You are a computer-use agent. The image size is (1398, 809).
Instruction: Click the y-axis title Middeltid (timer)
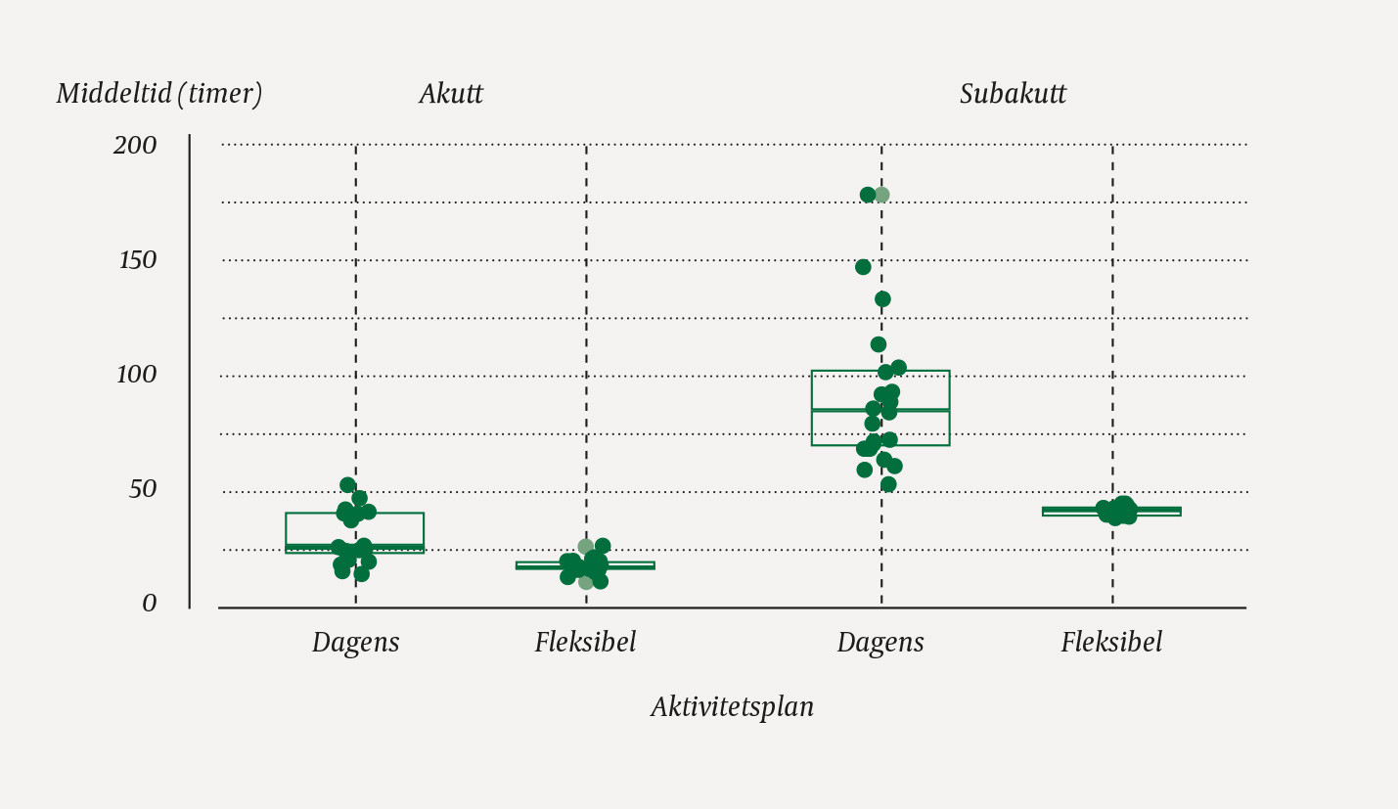159,94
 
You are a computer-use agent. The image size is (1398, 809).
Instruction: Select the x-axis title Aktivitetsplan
732,706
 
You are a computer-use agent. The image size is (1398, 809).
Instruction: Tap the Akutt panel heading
451,94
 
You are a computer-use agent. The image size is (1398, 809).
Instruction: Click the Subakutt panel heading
1013,94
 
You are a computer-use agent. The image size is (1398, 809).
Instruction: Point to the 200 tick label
135,146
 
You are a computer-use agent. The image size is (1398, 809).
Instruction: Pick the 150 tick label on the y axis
138,260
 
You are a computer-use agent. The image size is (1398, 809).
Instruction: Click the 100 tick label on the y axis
137,375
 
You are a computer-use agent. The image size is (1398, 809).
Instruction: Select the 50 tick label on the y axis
143,489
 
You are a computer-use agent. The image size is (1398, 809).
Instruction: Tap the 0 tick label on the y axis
150,604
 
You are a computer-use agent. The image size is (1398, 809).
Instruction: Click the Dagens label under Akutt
355,643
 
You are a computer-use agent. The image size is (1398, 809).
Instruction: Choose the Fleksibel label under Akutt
585,643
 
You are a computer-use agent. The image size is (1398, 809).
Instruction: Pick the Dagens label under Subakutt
880,643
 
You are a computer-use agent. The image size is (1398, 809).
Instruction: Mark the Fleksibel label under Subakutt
1111,643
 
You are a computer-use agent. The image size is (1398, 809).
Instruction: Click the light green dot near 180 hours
881,195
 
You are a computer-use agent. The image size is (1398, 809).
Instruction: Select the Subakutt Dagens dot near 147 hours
863,267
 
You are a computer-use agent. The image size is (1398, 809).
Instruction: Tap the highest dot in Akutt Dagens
347,485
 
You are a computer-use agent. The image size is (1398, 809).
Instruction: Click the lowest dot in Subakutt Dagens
888,484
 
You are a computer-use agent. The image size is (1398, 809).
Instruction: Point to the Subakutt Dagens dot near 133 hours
882,299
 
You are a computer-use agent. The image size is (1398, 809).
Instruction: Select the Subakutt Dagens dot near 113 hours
879,344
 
